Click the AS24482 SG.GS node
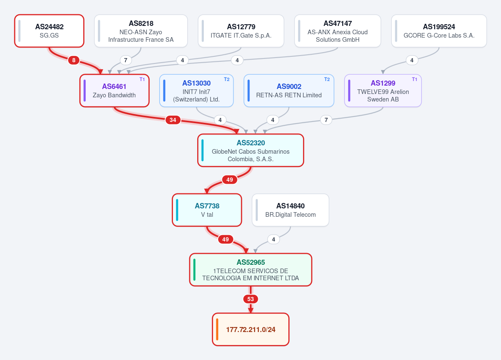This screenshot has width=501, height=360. click(x=49, y=31)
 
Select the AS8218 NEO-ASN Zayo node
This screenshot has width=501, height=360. click(x=141, y=31)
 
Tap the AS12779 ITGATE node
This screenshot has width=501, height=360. click(x=241, y=31)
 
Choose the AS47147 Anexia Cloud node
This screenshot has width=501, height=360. click(x=338, y=31)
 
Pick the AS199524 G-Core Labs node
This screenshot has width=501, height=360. click(x=439, y=31)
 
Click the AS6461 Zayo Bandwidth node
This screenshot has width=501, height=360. click(x=114, y=91)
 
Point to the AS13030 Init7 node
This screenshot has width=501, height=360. click(x=196, y=91)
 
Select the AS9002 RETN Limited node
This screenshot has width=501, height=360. click(x=289, y=91)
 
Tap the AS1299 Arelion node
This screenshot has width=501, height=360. click(x=383, y=91)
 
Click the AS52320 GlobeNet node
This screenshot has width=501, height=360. click(x=251, y=150)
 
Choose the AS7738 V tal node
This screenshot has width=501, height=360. click(x=207, y=210)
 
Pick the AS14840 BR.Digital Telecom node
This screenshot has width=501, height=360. click(x=290, y=210)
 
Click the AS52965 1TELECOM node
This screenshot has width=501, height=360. click(x=251, y=270)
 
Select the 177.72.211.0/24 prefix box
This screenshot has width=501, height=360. click(x=251, y=330)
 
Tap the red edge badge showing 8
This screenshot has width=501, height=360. click(x=74, y=60)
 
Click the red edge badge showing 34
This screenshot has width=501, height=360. click(x=173, y=120)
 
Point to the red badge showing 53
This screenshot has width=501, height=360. click(x=251, y=299)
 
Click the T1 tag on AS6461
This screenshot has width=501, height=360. click(x=142, y=79)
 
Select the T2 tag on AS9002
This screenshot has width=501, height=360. click(x=327, y=79)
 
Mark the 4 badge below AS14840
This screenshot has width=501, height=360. click(x=274, y=239)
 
